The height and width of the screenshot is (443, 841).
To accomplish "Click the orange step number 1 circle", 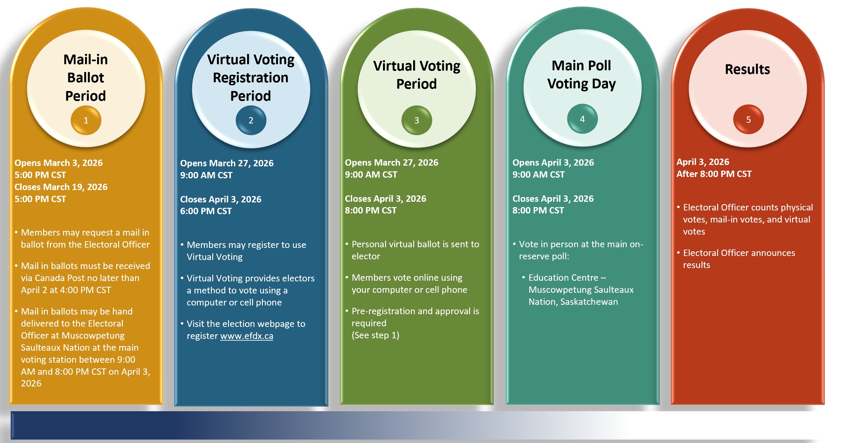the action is (86, 120).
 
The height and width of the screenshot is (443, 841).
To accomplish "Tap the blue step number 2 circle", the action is (251, 120).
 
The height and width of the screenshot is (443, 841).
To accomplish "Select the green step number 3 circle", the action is (417, 120).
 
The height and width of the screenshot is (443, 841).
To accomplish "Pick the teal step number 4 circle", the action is (583, 119).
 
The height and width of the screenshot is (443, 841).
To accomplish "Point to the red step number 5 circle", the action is (749, 119).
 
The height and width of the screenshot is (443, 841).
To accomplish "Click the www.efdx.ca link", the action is (247, 336).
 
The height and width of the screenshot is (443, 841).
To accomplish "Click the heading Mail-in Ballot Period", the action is (86, 78).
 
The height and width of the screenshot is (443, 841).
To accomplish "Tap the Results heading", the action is (748, 69).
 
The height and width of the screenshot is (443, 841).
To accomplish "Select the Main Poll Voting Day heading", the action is (582, 75).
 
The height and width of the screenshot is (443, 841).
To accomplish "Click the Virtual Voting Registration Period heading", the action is (251, 78).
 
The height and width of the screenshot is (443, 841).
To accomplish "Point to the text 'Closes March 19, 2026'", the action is (61, 187).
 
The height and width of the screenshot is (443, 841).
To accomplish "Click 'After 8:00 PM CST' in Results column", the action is (714, 174).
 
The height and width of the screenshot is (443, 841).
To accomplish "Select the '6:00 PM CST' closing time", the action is (206, 211).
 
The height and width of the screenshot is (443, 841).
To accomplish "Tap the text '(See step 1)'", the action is (375, 335).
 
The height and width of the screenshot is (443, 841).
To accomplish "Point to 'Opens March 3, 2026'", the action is (59, 163).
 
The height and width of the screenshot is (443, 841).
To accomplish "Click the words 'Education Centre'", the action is (563, 278).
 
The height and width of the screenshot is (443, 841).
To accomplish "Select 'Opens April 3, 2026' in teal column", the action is (553, 163).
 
